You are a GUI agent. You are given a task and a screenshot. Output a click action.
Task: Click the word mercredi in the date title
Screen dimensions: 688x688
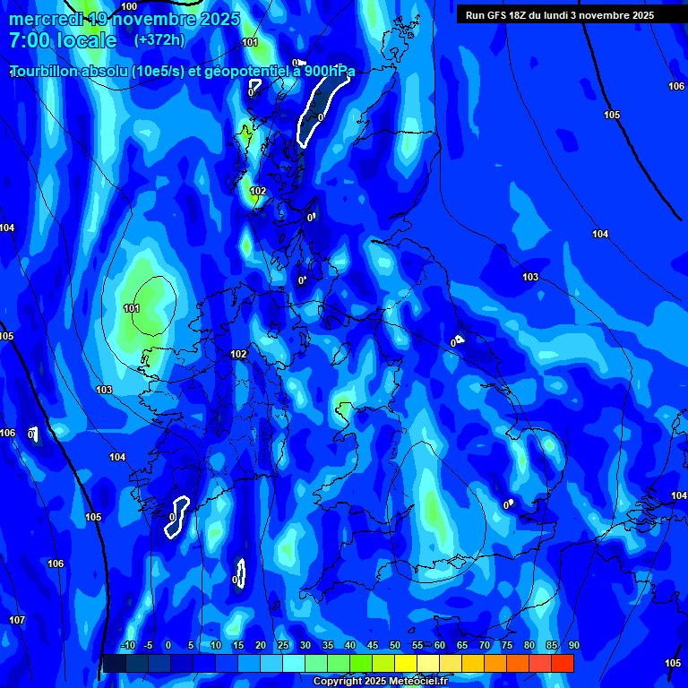(45, 19)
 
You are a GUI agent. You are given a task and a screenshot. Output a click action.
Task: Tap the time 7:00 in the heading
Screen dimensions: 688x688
(32, 40)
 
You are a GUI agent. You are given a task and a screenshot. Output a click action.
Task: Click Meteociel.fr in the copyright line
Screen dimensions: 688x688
(417, 682)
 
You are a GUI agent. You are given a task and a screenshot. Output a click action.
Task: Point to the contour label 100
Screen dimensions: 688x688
(129, 6)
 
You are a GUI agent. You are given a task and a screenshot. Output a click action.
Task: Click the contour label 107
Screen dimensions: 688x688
(17, 620)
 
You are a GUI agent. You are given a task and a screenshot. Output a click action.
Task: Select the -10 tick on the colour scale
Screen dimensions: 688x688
(126, 646)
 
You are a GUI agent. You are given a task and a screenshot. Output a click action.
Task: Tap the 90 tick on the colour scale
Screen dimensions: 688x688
(573, 646)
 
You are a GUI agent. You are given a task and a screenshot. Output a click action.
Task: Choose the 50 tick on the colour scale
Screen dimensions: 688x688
(395, 646)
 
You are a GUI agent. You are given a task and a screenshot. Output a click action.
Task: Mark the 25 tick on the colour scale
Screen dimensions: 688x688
(283, 646)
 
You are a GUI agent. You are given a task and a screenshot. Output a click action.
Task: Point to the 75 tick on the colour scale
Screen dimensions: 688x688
(507, 646)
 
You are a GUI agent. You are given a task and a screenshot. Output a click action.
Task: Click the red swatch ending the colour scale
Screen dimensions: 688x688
(563, 663)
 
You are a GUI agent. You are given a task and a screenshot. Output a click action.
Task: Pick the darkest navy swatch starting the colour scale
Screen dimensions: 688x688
(115, 663)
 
